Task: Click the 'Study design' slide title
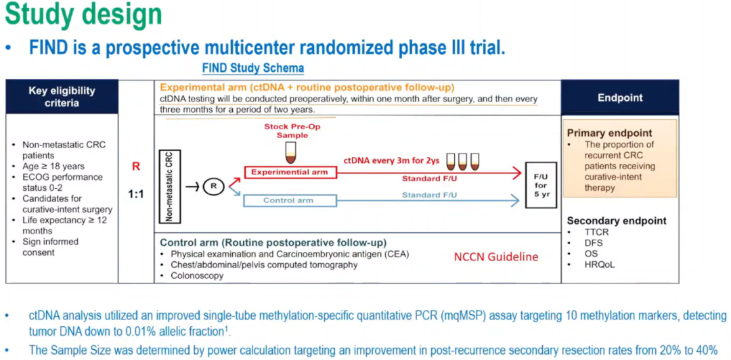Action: tap(83, 15)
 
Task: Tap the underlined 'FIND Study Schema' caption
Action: tap(252, 68)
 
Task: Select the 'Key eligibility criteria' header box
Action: tap(62, 97)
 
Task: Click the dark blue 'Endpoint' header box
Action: tap(620, 97)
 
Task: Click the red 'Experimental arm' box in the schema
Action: tap(289, 172)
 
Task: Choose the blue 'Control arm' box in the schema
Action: tap(288, 200)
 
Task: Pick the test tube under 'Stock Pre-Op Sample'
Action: tap(291, 153)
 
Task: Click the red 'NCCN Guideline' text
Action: tap(496, 256)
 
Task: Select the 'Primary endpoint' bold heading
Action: tap(609, 133)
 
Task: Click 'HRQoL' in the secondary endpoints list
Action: tap(600, 265)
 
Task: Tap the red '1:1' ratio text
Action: tap(136, 194)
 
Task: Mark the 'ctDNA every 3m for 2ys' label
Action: tap(391, 162)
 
